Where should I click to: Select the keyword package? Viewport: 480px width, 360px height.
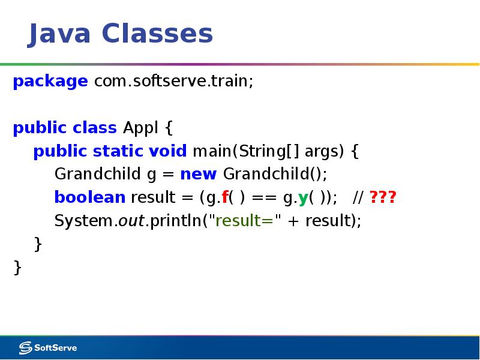tap(50, 82)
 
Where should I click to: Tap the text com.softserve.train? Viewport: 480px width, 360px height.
tap(173, 82)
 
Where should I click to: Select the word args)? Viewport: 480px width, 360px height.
tap(325, 151)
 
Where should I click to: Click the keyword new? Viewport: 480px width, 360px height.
tap(198, 175)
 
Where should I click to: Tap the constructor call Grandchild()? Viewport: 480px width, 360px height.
tap(275, 175)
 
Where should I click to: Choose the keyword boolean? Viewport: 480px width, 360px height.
tap(90, 197)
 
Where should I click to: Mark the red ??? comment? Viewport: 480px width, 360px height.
tap(383, 197)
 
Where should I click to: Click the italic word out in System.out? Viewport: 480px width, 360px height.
tap(131, 221)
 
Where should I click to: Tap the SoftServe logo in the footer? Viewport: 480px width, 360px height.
tap(48, 347)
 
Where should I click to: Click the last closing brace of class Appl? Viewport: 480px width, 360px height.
tap(17, 268)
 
